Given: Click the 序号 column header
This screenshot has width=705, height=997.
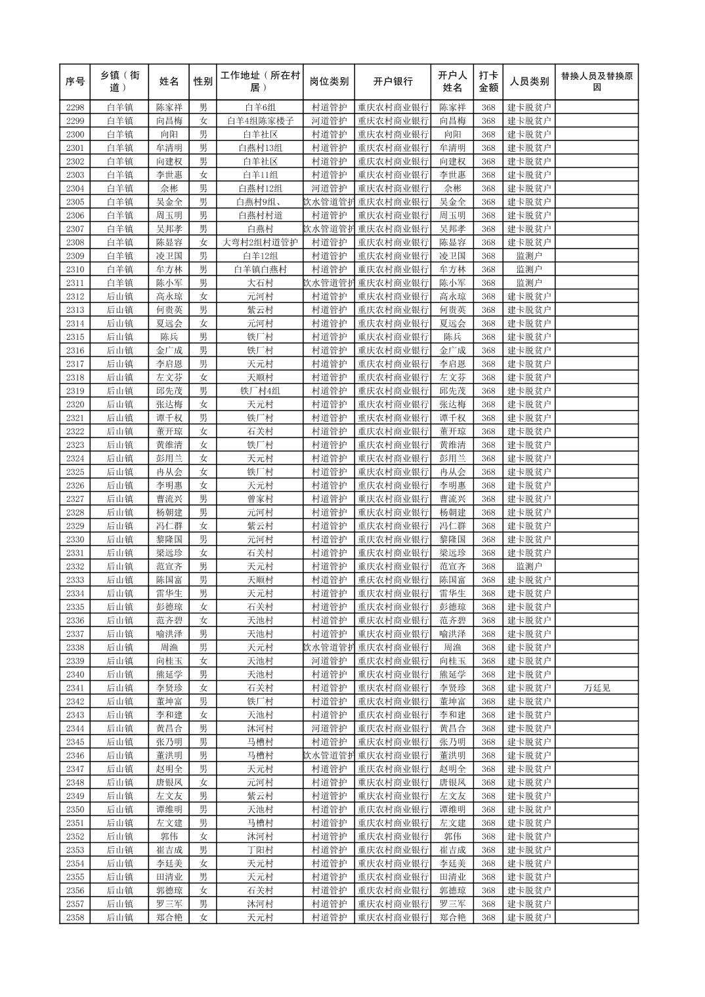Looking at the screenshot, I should click(x=75, y=82).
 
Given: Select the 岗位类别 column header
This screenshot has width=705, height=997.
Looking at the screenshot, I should click(x=329, y=82).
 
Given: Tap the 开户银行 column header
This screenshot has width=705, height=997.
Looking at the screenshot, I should click(x=393, y=82).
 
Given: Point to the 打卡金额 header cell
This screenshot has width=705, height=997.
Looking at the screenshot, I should click(x=488, y=82).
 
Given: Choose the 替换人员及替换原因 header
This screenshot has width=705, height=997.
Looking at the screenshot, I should click(x=596, y=82).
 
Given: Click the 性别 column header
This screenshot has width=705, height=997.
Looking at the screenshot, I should click(x=203, y=82).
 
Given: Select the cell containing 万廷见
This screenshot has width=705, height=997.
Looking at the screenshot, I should click(x=596, y=688).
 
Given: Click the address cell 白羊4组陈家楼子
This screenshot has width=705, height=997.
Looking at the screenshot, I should click(x=260, y=121).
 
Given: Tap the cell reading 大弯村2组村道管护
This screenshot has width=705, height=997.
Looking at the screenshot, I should click(x=260, y=243).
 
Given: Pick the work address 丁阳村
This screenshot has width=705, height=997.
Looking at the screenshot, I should click(x=260, y=850).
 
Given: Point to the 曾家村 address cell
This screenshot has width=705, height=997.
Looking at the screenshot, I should click(x=260, y=499).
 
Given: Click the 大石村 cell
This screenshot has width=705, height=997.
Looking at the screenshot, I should click(x=260, y=283).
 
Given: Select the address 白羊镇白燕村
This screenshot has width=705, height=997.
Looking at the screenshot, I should click(x=260, y=270).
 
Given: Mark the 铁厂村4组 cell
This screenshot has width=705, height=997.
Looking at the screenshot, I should click(x=260, y=391).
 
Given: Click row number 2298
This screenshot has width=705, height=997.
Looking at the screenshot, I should click(x=75, y=108).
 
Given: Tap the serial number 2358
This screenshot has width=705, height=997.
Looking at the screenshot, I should click(x=75, y=918).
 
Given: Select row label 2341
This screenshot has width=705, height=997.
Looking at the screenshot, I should click(x=75, y=688).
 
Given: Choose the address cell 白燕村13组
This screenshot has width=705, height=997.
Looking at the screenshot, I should click(x=260, y=148).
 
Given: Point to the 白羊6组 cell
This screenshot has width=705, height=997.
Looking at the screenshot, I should click(x=260, y=108).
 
